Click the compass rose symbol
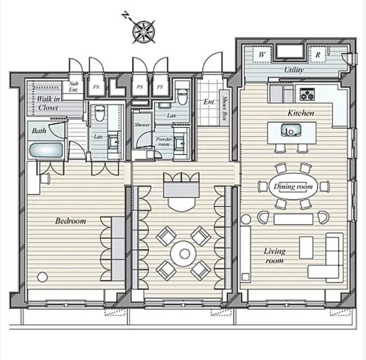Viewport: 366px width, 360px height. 144,32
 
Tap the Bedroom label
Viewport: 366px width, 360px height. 71,220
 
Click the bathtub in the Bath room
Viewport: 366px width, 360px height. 46,150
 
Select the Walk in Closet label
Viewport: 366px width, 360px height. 48,103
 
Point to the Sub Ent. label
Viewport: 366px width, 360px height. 73,86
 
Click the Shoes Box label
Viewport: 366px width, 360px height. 224,108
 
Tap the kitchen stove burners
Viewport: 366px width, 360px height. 307,94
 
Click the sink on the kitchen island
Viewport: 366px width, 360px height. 291,130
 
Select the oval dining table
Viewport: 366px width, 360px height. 293,186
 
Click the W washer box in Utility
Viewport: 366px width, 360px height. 262,55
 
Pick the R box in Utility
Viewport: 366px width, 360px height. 317,55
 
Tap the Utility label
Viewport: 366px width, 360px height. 294,70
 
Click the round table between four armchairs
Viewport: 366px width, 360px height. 183,254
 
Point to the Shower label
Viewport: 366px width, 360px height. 142,124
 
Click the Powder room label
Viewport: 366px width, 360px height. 164,141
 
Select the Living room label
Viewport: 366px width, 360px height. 274,256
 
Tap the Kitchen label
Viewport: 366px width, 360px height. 301,113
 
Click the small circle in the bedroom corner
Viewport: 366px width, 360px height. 42,277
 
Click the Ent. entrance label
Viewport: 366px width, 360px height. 209,101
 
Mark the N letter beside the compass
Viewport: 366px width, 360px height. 126,15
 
